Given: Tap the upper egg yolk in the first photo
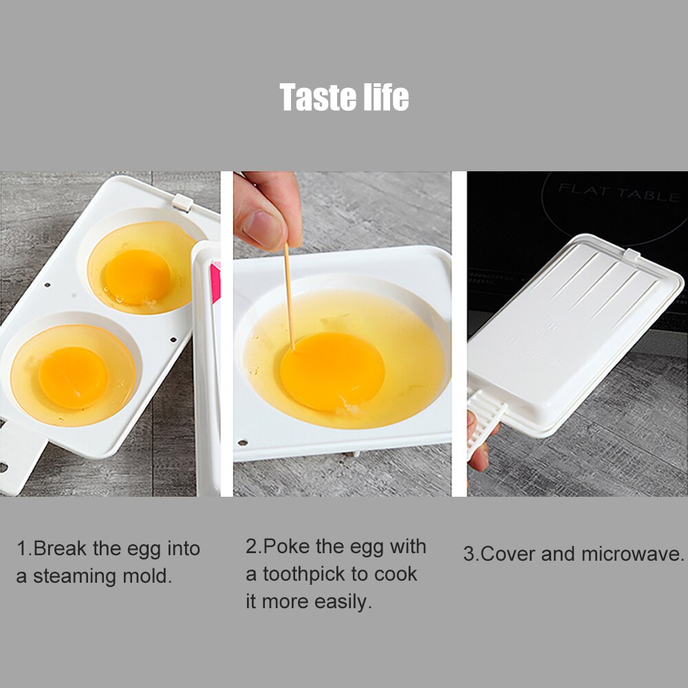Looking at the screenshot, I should point(138,277).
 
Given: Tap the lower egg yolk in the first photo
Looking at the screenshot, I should point(73,377).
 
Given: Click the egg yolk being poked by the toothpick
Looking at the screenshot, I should point(332,372).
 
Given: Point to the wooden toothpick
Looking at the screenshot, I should point(289,296).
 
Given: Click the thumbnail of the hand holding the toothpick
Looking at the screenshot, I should point(264,228).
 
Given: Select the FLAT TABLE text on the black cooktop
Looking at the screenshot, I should point(619,193).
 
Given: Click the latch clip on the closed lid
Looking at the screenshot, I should point(632,255).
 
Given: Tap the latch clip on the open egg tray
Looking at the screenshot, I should point(181,202).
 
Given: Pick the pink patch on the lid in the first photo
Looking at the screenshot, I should point(215,282).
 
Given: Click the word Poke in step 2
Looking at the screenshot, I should point(287,547).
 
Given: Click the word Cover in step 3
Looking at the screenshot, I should point(508,555).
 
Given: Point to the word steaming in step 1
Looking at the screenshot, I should point(74,577).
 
